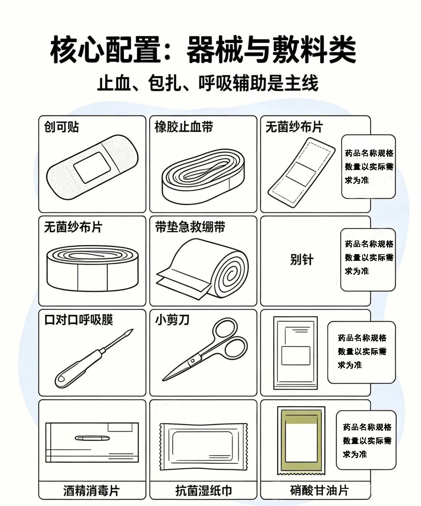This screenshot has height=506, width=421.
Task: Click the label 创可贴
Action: pyautogui.click(x=61, y=127)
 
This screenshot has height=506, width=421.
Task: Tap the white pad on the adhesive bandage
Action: pyautogui.click(x=92, y=167)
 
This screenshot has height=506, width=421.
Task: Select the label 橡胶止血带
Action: pyautogui.click(x=184, y=127)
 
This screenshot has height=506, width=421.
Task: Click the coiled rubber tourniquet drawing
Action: pyautogui.click(x=203, y=177)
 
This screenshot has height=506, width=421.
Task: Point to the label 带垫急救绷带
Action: pyautogui.click(x=190, y=227)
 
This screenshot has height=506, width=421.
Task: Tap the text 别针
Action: pyautogui.click(x=302, y=260)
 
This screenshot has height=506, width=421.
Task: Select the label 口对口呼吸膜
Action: pyautogui.click(x=79, y=320)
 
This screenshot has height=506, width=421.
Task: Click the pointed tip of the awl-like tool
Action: pyautogui.click(x=133, y=329)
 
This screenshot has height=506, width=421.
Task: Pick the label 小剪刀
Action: pyautogui.click(x=172, y=320)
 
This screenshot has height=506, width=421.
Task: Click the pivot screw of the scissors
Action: pyautogui.click(x=193, y=361)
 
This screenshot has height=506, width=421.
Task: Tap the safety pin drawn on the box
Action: pyautogui.click(x=92, y=438)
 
